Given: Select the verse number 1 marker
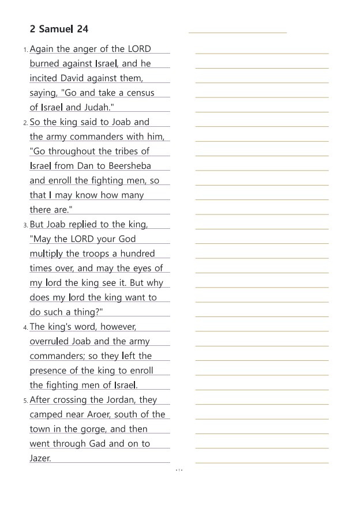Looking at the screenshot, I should click(x=25, y=50).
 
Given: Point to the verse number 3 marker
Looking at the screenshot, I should click(x=25, y=225).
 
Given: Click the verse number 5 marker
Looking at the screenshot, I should click(x=25, y=401).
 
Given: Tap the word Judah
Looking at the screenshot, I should click(x=99, y=107).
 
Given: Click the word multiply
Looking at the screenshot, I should click(x=46, y=254).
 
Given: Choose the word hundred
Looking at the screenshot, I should click(x=135, y=254).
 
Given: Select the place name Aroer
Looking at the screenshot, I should click(x=89, y=414).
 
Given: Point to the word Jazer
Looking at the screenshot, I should click(x=40, y=458).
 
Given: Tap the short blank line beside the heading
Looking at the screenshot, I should click(x=237, y=33).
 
